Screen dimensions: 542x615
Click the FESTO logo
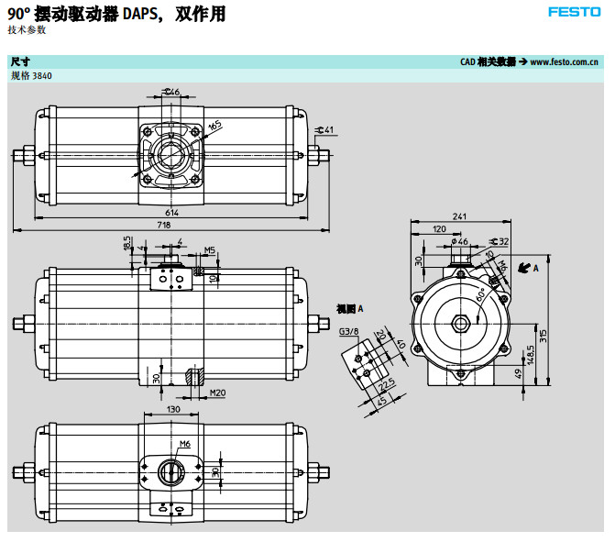(x=574, y=13)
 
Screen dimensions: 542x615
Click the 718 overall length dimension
(x=164, y=226)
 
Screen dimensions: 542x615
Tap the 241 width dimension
(x=459, y=216)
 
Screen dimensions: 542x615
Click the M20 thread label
(x=218, y=393)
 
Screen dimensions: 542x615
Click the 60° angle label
(x=480, y=294)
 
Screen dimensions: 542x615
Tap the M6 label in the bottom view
(x=184, y=443)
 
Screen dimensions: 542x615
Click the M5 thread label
(x=209, y=249)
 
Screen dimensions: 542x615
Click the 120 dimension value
(x=439, y=228)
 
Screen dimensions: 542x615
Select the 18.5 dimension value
(x=127, y=245)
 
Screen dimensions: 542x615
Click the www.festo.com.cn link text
(x=565, y=61)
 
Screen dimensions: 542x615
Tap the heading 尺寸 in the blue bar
(x=20, y=61)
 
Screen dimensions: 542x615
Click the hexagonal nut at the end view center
(x=460, y=323)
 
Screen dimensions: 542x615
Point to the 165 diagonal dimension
(x=214, y=126)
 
